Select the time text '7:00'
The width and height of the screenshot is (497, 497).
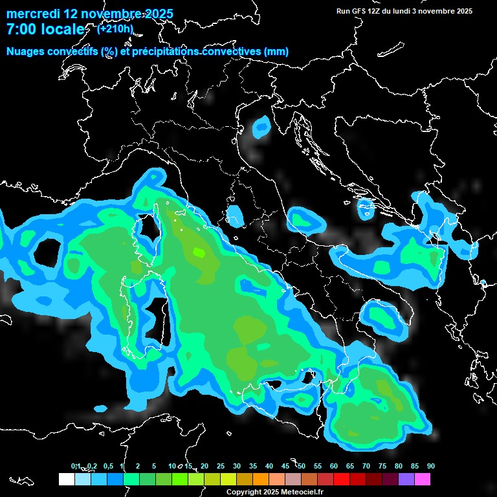click(23, 29)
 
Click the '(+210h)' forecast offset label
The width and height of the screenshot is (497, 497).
click(115, 28)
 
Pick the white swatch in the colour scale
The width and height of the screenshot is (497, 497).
click(66, 480)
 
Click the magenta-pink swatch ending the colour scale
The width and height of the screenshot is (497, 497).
click(423, 480)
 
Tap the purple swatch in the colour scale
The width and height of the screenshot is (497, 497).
click(406, 480)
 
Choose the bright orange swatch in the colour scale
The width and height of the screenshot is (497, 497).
click(261, 480)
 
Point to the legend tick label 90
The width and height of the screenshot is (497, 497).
click(431, 467)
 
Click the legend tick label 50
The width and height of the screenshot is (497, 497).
click(302, 467)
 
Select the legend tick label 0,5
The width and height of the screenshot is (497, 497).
click(107, 467)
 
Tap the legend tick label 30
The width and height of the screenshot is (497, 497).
click(237, 467)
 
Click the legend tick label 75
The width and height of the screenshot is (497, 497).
click(382, 467)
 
